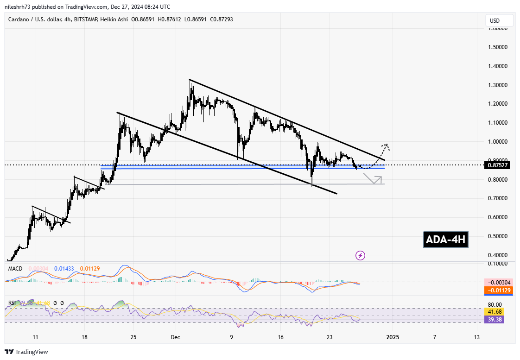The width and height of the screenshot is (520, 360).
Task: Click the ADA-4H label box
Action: [446, 240]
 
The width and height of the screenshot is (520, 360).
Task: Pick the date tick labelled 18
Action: [84, 337]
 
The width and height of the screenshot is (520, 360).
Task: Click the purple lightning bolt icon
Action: [360, 255]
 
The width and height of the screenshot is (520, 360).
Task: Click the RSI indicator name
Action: [13, 303]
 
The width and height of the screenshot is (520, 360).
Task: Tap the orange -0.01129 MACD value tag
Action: [498, 291]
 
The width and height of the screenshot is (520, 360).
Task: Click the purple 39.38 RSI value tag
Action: [493, 319]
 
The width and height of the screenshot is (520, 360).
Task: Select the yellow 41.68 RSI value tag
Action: [493, 312]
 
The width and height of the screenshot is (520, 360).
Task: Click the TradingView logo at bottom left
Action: [26, 352]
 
